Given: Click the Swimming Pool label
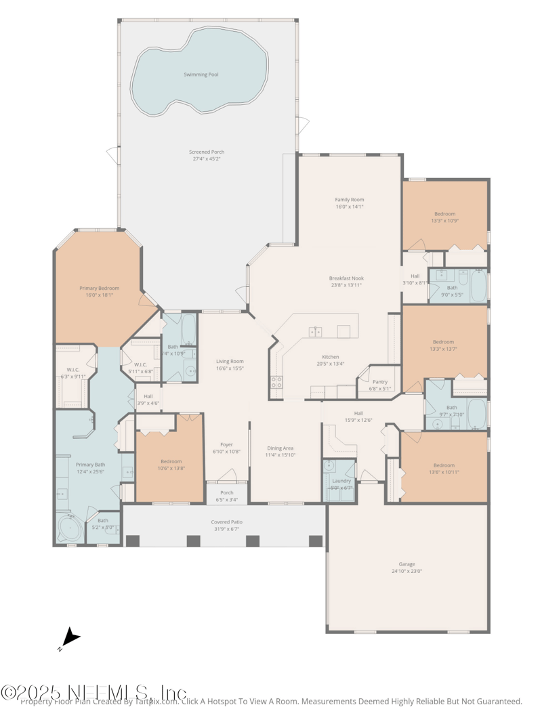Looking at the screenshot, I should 201,74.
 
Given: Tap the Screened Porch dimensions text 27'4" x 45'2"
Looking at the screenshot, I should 206,159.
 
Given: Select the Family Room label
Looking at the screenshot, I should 349,200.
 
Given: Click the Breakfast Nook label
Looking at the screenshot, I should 346,278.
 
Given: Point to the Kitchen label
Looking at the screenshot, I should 330,357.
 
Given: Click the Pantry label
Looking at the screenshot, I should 379,382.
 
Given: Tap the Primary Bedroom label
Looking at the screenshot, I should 99,289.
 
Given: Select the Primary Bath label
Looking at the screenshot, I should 89,465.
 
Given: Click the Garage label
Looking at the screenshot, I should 406,564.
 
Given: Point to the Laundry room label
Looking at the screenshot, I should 341,481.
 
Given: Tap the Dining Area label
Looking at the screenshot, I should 280,448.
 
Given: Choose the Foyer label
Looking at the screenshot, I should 227,445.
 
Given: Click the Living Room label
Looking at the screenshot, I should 230,362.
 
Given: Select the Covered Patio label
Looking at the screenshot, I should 226,522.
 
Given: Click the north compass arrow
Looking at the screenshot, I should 70,638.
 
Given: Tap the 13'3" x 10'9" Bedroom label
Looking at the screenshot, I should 444,214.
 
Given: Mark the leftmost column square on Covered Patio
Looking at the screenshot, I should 133,540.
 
